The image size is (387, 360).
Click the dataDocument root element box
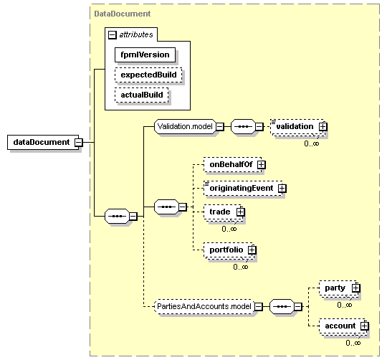click(43, 142)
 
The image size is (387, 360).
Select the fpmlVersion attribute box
click(145, 55)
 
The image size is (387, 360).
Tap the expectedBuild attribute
click(148, 75)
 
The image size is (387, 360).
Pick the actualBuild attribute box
click(142, 95)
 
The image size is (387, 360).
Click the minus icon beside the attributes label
click(112, 35)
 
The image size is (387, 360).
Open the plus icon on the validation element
click(322, 127)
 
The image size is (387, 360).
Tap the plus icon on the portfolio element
click(252, 250)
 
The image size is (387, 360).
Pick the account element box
click(343, 326)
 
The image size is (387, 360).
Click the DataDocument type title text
click(123, 14)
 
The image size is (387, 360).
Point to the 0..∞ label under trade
click(229, 229)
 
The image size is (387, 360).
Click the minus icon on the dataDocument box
click(79, 143)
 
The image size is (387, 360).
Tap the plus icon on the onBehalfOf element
click(262, 165)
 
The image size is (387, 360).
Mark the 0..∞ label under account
click(353, 343)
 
